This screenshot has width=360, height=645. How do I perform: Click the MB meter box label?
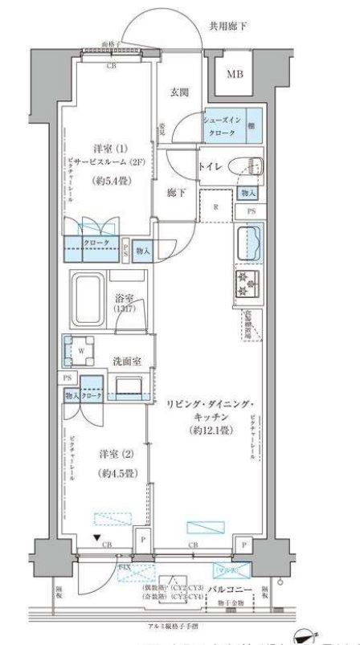pyautogui.click(x=234, y=76)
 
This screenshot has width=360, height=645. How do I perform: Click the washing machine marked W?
pyautogui.click(x=80, y=349)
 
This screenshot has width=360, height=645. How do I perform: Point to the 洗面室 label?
pyautogui.click(x=127, y=361)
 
